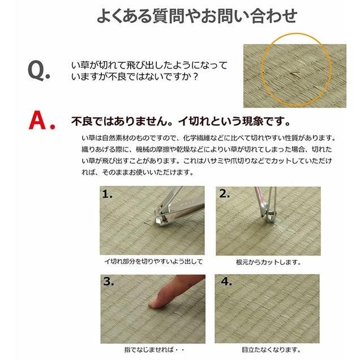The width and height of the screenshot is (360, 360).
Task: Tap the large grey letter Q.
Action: pos(37,70)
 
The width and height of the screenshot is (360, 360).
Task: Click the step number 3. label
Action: pos(109,281)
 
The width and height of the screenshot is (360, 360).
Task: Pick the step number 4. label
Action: pos(225,281)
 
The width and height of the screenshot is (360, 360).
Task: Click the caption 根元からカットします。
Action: pos(268,262)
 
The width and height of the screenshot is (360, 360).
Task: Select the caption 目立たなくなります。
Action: pos(268,349)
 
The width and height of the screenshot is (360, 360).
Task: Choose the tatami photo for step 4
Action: pos(268,308)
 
